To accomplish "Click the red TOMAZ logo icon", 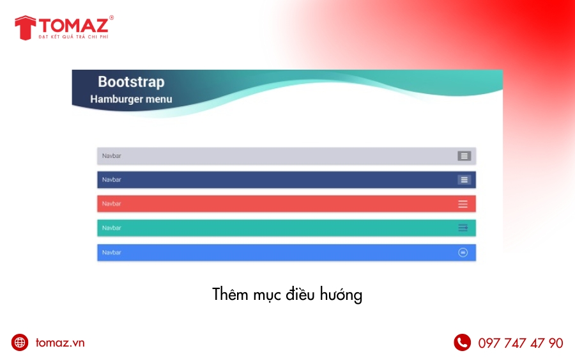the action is click(25, 27).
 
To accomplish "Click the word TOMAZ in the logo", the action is click(73, 25).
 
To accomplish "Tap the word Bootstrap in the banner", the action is click(131, 82).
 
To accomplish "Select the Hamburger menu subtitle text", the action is click(131, 99).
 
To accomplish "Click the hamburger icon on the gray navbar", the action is click(464, 156).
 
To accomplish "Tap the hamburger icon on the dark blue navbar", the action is click(464, 180).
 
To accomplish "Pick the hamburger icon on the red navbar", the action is click(463, 204).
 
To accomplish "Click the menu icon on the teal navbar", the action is click(463, 228).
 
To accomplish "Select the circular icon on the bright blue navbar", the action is click(463, 253).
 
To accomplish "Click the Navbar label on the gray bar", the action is click(111, 156).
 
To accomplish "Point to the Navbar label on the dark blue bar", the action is click(111, 180).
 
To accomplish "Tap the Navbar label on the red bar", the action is click(111, 204).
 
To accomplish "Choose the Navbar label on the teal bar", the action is click(111, 228).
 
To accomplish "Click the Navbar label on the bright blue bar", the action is click(111, 253).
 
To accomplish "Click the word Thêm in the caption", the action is click(230, 293).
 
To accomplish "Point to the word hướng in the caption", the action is click(341, 295).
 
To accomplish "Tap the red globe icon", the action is click(20, 342).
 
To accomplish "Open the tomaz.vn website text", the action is click(60, 343).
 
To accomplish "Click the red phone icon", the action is click(462, 342).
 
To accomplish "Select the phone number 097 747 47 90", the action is click(521, 343).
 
